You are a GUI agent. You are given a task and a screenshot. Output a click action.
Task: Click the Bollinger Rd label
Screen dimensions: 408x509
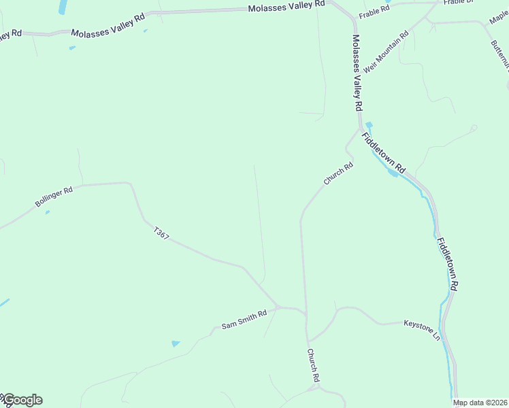click(54, 198)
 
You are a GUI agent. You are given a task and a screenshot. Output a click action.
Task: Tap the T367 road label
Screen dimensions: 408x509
click(161, 233)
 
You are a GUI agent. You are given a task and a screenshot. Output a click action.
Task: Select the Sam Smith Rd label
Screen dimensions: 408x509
click(244, 322)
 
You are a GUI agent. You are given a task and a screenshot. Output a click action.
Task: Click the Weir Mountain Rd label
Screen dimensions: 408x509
click(386, 52)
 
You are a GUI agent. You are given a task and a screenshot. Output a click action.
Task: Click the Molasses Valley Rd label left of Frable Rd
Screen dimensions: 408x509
click(286, 5)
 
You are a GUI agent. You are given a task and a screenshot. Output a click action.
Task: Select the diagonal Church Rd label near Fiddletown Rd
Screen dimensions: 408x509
click(338, 173)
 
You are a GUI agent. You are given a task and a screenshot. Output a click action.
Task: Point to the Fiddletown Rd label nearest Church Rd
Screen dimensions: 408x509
click(384, 152)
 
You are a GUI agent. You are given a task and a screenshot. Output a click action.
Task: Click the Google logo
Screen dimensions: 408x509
click(22, 400)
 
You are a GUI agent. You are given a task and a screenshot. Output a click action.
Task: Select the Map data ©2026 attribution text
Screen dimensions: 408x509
click(480, 403)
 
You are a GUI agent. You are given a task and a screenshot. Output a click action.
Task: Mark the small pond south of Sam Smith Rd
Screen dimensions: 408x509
click(176, 344)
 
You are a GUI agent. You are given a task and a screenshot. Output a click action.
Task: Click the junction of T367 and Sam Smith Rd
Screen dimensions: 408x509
click(278, 307)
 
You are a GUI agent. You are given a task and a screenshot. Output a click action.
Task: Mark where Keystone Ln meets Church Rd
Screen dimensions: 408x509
click(308, 340)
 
